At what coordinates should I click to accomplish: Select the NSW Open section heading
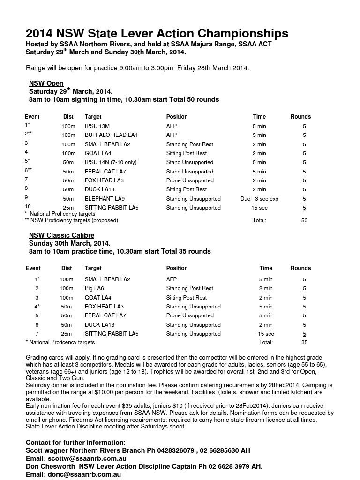46,84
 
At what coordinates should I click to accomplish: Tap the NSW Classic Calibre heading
61,235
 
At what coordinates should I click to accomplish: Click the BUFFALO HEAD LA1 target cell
111,135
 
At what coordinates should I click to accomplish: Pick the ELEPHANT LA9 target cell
105,199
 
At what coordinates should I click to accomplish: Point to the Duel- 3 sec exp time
259,199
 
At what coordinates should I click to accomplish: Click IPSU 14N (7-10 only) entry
111,162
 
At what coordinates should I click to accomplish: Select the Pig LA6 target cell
94,288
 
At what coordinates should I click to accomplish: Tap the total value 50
304,220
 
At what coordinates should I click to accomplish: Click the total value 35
304,343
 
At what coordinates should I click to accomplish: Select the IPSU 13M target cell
97,126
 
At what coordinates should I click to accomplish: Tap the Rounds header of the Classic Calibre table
300,268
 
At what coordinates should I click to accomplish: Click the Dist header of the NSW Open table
68,117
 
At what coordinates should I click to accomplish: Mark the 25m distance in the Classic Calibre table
66,334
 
